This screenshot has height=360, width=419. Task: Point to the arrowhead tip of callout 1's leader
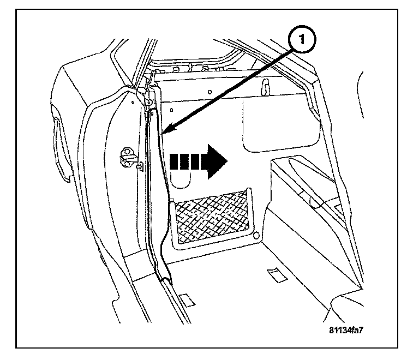pyautogui.click(x=164, y=131)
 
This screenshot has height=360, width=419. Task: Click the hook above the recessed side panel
pyautogui.click(x=266, y=86)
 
